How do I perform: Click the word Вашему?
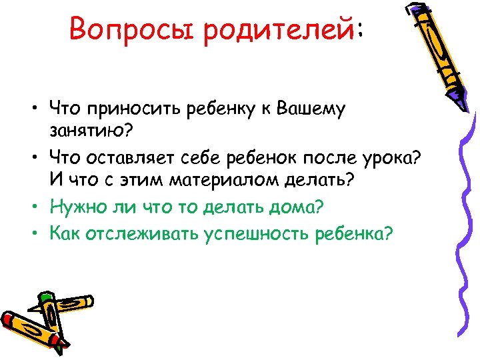click(311, 109)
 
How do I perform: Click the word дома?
click(294, 207)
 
